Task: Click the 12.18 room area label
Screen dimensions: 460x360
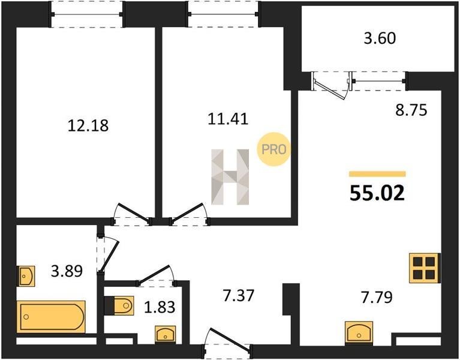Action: [88, 125]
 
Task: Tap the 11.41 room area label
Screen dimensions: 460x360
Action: [228, 119]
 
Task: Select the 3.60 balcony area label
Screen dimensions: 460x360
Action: [380, 38]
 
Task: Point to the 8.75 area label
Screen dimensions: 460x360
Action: [411, 110]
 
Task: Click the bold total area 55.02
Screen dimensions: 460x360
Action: [377, 193]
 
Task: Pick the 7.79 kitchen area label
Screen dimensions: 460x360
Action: [377, 298]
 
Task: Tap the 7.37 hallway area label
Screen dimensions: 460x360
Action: [238, 295]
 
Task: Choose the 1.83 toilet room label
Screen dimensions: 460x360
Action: [160, 307]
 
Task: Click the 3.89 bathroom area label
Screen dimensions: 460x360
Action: [67, 271]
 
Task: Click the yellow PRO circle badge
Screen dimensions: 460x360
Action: [273, 149]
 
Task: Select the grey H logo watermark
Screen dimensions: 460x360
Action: [230, 177]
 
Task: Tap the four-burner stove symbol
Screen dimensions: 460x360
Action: [425, 268]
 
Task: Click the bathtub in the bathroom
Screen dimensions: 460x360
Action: [52, 317]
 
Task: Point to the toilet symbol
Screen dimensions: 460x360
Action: [121, 305]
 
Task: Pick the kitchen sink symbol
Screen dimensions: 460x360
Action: [359, 332]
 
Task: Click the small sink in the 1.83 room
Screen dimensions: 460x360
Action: [166, 334]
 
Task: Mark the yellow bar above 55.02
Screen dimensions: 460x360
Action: [377, 174]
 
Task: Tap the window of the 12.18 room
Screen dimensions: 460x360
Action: [87, 14]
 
